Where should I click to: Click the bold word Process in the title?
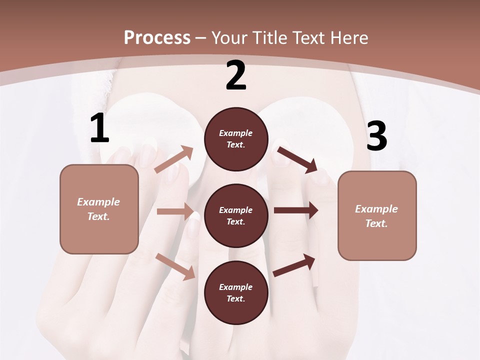click(157, 38)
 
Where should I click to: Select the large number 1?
click(99, 128)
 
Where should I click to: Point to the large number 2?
click(236, 75)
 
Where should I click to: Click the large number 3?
click(376, 136)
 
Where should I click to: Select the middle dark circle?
click(236, 216)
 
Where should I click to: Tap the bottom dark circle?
click(236, 293)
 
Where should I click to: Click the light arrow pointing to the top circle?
click(174, 159)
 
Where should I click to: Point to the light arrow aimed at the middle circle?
click(175, 211)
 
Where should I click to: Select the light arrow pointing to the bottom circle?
click(175, 266)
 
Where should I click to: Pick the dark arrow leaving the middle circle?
click(296, 210)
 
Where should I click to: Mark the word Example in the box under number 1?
click(98, 202)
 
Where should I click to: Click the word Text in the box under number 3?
click(375, 223)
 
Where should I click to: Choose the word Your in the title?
click(229, 38)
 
